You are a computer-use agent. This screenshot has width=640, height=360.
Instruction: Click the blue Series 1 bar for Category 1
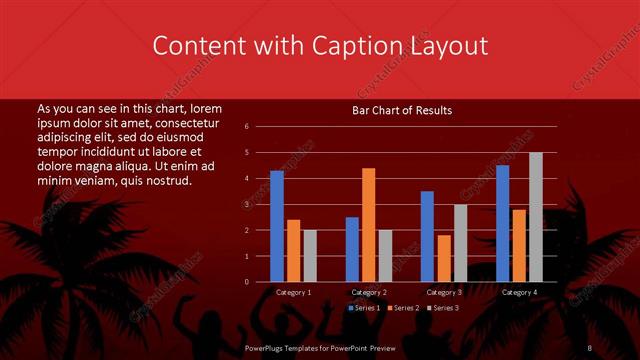point(277,226)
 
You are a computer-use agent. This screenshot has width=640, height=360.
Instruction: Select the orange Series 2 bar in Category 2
point(369,225)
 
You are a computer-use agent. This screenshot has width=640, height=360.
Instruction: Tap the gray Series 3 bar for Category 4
point(535,217)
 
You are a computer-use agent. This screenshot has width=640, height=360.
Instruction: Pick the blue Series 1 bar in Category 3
point(427,236)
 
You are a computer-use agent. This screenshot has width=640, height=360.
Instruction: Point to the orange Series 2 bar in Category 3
point(444,258)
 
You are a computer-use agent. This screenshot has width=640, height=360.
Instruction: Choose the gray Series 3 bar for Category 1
point(310,256)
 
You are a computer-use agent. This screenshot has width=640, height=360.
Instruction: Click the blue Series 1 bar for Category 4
point(502,223)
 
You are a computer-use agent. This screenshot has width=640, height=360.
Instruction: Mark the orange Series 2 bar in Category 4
point(519,245)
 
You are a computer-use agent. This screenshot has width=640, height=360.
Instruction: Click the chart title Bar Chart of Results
point(403,110)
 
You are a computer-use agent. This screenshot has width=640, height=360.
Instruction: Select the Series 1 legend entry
point(365,308)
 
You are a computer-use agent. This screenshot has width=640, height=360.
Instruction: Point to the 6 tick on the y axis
point(260,127)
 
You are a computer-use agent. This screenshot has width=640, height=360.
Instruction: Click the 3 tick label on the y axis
point(260,204)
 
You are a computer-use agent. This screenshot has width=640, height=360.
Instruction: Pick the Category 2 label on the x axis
point(369,292)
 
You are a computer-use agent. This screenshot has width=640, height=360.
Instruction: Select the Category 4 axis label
point(519,292)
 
